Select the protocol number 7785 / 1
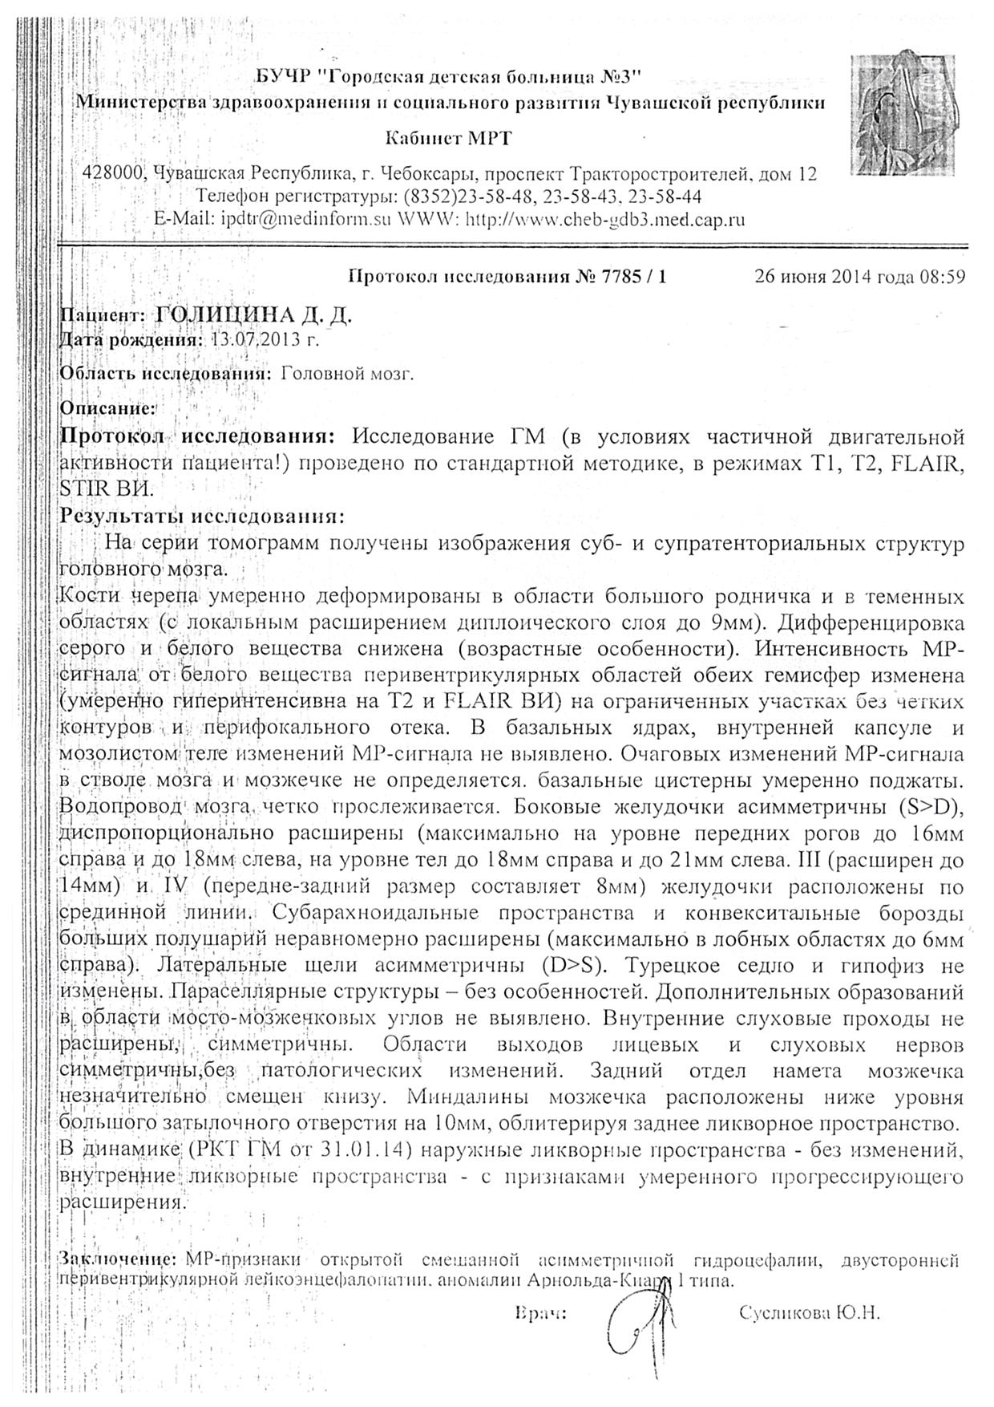[620, 278]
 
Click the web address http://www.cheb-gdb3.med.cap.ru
[605, 219]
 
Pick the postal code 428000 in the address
[114, 174]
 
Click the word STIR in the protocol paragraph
[83, 488]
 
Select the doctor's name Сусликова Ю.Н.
[810, 1313]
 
